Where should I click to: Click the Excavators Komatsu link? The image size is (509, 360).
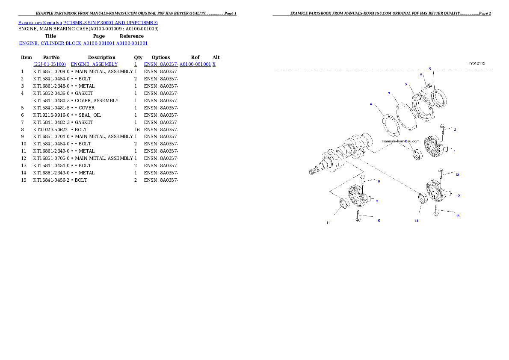(x=40, y=23)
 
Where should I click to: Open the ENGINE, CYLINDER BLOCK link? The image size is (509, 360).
(x=50, y=43)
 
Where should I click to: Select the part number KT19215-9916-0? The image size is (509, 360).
(x=51, y=115)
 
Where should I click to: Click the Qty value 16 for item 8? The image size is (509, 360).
(x=137, y=130)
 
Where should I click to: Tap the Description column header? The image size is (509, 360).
(x=102, y=57)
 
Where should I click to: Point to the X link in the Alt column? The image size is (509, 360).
(x=214, y=64)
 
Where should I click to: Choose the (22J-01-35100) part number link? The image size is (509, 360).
(x=49, y=64)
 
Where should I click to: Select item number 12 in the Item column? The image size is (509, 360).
(x=24, y=159)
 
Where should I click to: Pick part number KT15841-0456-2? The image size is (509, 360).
(x=51, y=180)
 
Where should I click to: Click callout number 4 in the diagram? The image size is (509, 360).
(x=371, y=104)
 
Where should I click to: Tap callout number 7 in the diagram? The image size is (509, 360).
(x=389, y=94)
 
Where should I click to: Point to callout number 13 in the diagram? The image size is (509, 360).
(x=457, y=175)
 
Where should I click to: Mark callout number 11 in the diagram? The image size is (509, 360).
(x=328, y=223)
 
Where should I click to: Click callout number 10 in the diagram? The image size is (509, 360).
(x=378, y=181)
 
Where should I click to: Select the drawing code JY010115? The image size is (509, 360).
(x=477, y=63)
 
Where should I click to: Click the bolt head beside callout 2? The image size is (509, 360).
(x=442, y=126)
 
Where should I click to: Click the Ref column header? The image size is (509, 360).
(x=195, y=57)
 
